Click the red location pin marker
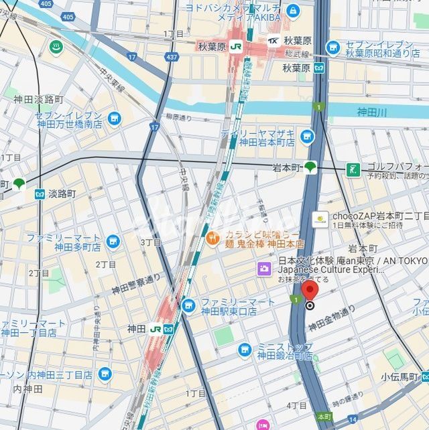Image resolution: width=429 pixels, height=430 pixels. pyautogui.click(x=309, y=291)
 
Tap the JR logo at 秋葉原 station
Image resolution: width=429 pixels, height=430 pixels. pyautogui.click(x=235, y=46)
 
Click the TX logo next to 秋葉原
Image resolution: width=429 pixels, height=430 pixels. pyautogui.click(x=273, y=41)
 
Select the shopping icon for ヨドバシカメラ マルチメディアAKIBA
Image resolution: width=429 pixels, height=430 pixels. pyautogui.click(x=292, y=11)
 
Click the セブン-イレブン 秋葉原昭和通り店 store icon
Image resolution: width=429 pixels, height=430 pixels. pyautogui.click(x=333, y=48)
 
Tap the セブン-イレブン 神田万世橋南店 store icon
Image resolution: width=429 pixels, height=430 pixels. pyautogui.click(x=115, y=119)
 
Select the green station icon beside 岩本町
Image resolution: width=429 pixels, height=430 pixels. pyautogui.click(x=310, y=167)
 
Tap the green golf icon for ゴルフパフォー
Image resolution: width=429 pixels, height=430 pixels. pyautogui.click(x=353, y=169)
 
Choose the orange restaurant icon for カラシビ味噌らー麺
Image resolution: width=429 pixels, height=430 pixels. pyautogui.click(x=212, y=236)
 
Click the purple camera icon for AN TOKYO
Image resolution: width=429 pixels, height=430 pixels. pyautogui.click(x=265, y=269)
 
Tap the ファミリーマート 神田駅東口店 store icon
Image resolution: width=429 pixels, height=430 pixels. pyautogui.click(x=189, y=306)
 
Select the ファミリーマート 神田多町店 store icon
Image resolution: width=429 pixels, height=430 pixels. pyautogui.click(x=113, y=242)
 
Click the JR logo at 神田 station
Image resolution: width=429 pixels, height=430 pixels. pyautogui.click(x=156, y=329)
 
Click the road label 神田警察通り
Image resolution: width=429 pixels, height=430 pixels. pyautogui.click(x=137, y=283)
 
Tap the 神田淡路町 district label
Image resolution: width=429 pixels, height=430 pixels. pyautogui.click(x=39, y=99)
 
